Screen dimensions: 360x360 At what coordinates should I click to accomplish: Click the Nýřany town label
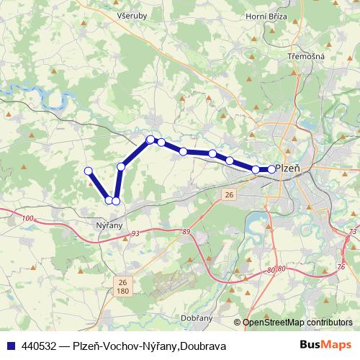pos(110,225)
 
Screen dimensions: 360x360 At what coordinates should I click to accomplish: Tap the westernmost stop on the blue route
pos(89,171)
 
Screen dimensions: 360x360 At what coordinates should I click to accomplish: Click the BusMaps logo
pos(325,346)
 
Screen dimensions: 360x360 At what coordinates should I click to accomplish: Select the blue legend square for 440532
pos(12,346)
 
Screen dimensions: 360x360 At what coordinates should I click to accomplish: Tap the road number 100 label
pos(28,217)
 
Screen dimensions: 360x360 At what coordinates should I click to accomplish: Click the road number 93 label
pos(135,233)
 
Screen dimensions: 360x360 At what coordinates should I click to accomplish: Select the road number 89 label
pos(186,231)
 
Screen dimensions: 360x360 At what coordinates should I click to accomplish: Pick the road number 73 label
pos(351,231)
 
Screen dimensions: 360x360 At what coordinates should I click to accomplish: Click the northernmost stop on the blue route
pos(150,139)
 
